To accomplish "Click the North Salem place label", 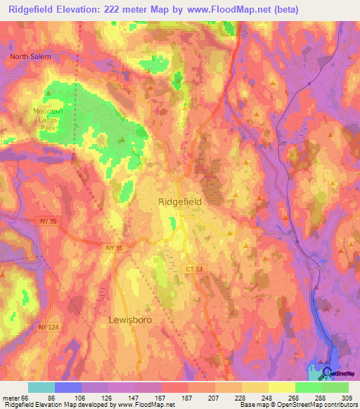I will (30, 57).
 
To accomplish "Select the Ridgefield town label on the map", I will (180, 201).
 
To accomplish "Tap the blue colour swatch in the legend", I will (68, 387).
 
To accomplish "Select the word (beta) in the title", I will (283, 10).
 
